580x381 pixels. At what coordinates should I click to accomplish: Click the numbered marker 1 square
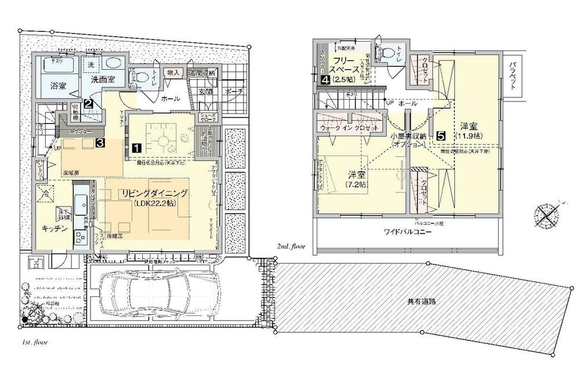[135, 147]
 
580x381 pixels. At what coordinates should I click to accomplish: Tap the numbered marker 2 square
[88, 104]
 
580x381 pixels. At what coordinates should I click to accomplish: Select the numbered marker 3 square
[100, 141]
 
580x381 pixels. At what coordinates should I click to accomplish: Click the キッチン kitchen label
[56, 228]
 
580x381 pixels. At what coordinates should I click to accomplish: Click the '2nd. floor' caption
[292, 247]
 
